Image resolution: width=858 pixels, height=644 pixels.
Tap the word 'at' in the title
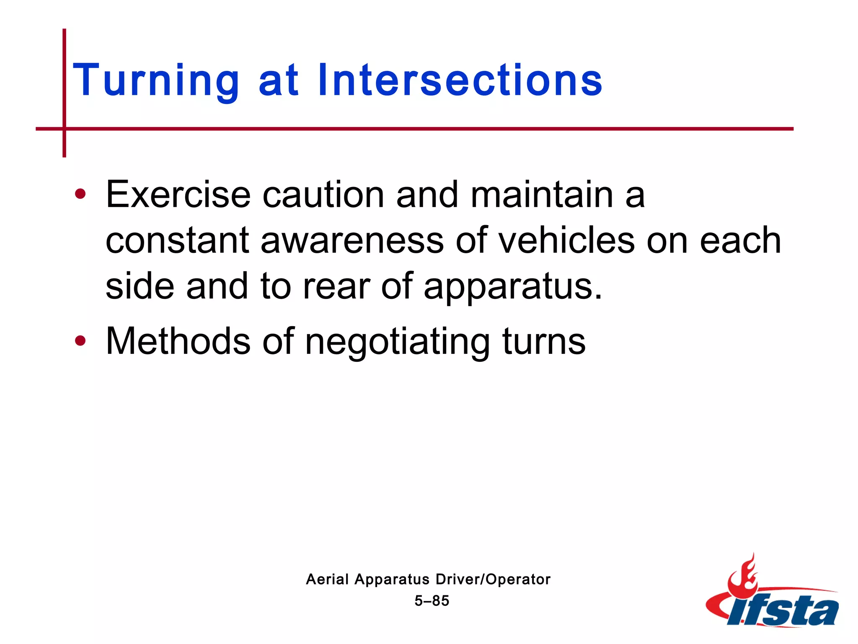point(278,80)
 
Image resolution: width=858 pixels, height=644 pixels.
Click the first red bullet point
point(80,194)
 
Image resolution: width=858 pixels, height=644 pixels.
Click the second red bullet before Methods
point(80,341)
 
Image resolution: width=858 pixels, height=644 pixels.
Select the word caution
point(323,195)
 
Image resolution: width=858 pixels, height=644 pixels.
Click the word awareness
point(352,241)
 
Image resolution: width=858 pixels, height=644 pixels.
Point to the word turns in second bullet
point(543,342)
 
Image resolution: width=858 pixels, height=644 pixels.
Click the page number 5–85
point(432,601)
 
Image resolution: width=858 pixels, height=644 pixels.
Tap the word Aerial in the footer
point(327,579)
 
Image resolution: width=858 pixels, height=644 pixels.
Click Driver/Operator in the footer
point(493,579)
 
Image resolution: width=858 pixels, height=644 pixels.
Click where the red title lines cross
point(65,129)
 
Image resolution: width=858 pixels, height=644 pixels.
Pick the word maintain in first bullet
point(542,195)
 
